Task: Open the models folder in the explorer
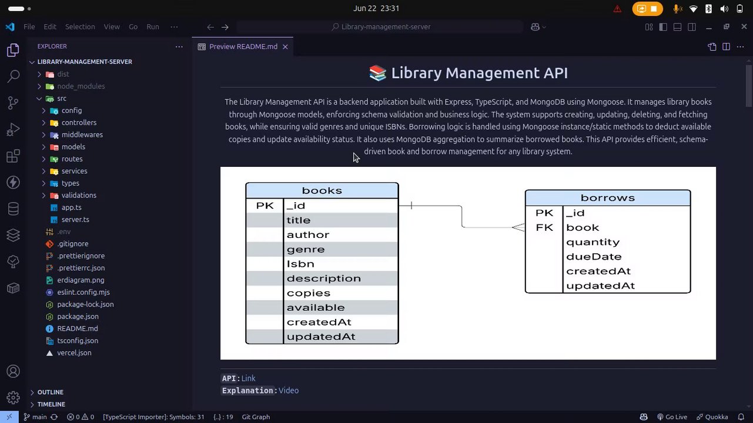click(73, 147)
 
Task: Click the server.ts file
click(75, 220)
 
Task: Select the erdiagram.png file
click(81, 280)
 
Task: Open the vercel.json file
click(74, 353)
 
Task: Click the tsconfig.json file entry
click(78, 341)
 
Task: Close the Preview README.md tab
click(285, 47)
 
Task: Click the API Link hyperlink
click(248, 379)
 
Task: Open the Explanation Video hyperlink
click(289, 391)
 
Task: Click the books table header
click(322, 190)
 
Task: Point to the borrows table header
click(607, 198)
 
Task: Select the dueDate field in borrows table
click(594, 257)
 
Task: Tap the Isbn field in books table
click(300, 264)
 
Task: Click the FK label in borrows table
click(544, 227)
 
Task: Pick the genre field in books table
click(306, 249)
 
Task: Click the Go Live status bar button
click(672, 417)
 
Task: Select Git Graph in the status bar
click(256, 417)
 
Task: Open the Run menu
click(153, 27)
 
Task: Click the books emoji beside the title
click(377, 73)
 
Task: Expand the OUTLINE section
click(50, 392)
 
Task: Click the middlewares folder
click(82, 135)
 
